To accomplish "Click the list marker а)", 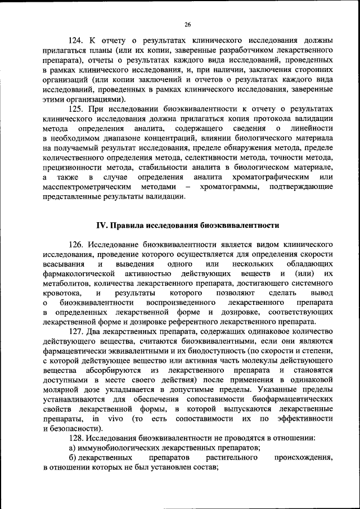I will [x=72, y=448].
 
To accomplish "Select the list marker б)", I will [x=72, y=458].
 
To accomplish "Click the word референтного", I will [x=219, y=322].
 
